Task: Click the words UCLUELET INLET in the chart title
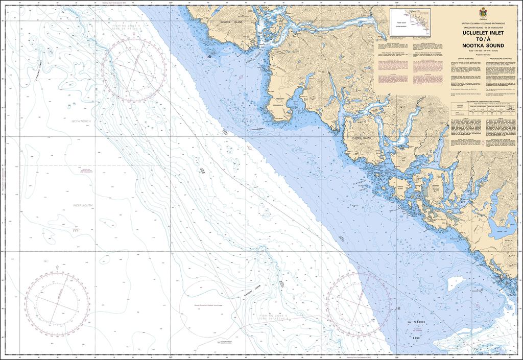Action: (482, 33)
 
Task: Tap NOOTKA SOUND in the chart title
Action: (482, 45)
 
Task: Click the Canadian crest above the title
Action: (482, 13)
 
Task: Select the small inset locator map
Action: (410, 23)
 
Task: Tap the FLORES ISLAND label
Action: (362, 138)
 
